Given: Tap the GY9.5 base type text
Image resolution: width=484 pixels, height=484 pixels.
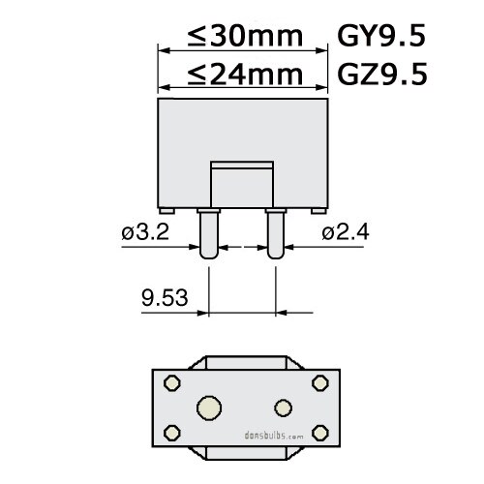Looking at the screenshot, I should pyautogui.click(x=379, y=37).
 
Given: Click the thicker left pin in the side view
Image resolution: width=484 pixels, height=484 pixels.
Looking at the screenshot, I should pyautogui.click(x=207, y=235).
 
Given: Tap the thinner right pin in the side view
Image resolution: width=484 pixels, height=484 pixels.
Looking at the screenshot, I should pyautogui.click(x=276, y=235).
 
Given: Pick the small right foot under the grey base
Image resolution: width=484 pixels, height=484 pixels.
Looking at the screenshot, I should pyautogui.click(x=314, y=211).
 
